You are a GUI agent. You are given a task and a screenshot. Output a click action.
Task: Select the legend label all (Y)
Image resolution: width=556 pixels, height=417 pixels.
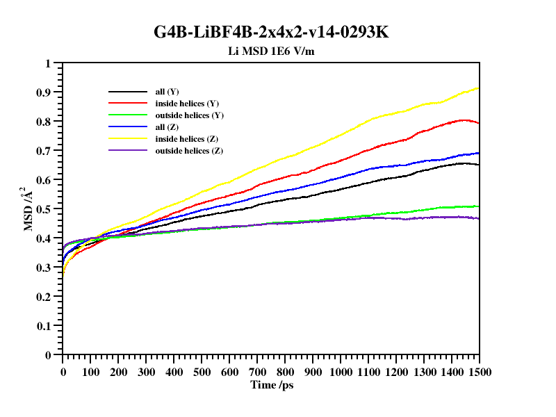pyautogui.click(x=167, y=92)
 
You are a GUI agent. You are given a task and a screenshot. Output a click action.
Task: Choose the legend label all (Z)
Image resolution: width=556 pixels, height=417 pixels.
pyautogui.click(x=167, y=127)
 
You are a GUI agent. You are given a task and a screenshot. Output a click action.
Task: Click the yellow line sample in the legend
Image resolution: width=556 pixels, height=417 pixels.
pyautogui.click(x=127, y=139)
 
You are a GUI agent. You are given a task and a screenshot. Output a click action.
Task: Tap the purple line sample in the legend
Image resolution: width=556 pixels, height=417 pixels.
pyautogui.click(x=127, y=151)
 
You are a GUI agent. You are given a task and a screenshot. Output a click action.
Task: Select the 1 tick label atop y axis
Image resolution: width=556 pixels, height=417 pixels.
pyautogui.click(x=48, y=63)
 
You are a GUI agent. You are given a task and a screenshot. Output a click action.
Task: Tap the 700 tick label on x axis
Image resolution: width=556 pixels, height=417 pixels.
pyautogui.click(x=257, y=372)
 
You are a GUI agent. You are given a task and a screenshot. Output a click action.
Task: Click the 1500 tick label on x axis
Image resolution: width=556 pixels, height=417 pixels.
pyautogui.click(x=479, y=372)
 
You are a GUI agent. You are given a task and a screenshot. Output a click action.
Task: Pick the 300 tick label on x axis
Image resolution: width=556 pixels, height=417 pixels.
pyautogui.click(x=146, y=372)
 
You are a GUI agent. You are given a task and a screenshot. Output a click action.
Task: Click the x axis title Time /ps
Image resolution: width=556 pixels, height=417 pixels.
pyautogui.click(x=272, y=384)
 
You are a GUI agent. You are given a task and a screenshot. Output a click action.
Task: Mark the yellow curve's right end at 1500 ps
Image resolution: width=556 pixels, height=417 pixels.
pyautogui.click(x=478, y=88)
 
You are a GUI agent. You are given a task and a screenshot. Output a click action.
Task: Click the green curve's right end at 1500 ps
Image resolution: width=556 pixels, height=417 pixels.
pyautogui.click(x=478, y=206)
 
